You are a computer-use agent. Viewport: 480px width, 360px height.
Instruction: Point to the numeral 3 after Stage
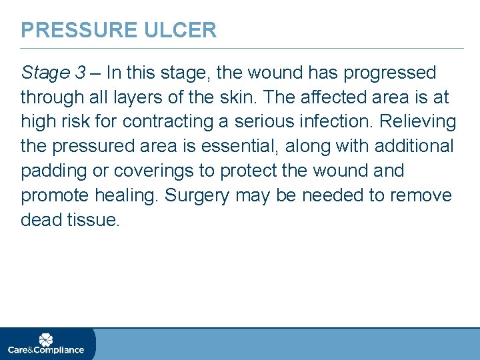80,73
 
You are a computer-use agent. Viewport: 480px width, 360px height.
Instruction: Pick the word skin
239,97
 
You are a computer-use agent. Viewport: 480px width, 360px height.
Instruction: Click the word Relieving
418,122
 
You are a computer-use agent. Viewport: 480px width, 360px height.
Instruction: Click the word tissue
93,221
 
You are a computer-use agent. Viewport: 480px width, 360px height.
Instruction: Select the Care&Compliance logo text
46,350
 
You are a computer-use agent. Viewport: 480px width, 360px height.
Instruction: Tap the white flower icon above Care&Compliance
46,339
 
